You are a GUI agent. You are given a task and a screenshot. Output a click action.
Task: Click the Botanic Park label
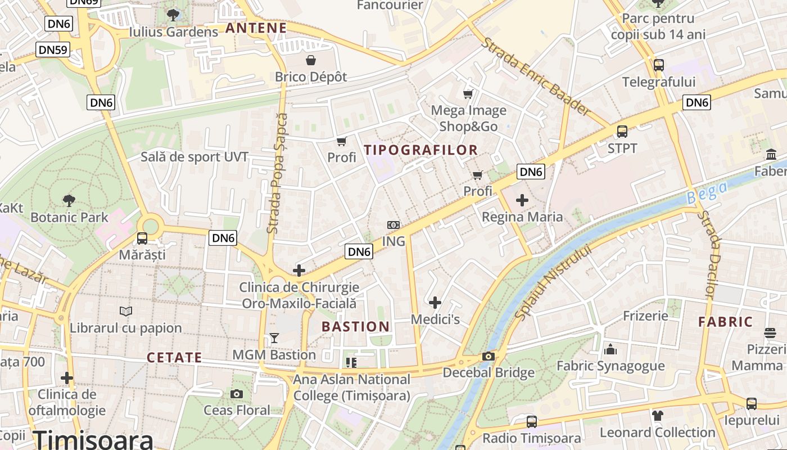coord(69,217)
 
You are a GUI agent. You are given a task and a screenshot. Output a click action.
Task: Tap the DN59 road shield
coord(53,49)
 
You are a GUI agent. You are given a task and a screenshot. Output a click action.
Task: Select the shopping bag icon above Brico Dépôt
coord(310,60)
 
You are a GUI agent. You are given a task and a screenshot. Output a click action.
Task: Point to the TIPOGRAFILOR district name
coord(420,150)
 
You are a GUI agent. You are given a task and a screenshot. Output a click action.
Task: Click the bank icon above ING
coord(393,225)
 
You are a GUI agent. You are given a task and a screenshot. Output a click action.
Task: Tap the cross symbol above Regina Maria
coord(522,200)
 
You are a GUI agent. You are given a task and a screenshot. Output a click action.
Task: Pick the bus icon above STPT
coord(622,132)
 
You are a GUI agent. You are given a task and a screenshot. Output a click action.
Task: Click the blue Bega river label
coord(707,192)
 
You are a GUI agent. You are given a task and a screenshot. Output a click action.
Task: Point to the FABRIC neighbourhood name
coord(725,322)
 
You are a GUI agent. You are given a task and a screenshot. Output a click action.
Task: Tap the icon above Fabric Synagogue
coord(610,350)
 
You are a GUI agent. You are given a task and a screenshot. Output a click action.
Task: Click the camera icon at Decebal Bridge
coord(489,357)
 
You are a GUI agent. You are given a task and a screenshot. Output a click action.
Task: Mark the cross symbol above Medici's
coord(435,303)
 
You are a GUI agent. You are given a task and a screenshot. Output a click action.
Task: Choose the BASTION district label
coord(355,327)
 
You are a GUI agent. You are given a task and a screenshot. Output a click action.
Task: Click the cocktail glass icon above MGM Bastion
coord(274,338)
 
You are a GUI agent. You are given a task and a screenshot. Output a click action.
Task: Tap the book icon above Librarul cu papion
coord(126,311)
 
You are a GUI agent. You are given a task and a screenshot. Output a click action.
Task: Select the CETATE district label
coord(174,358)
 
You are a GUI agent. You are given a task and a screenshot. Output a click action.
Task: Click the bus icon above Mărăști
coord(142,238)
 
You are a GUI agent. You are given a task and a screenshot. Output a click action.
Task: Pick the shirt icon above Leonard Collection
coord(658,416)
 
